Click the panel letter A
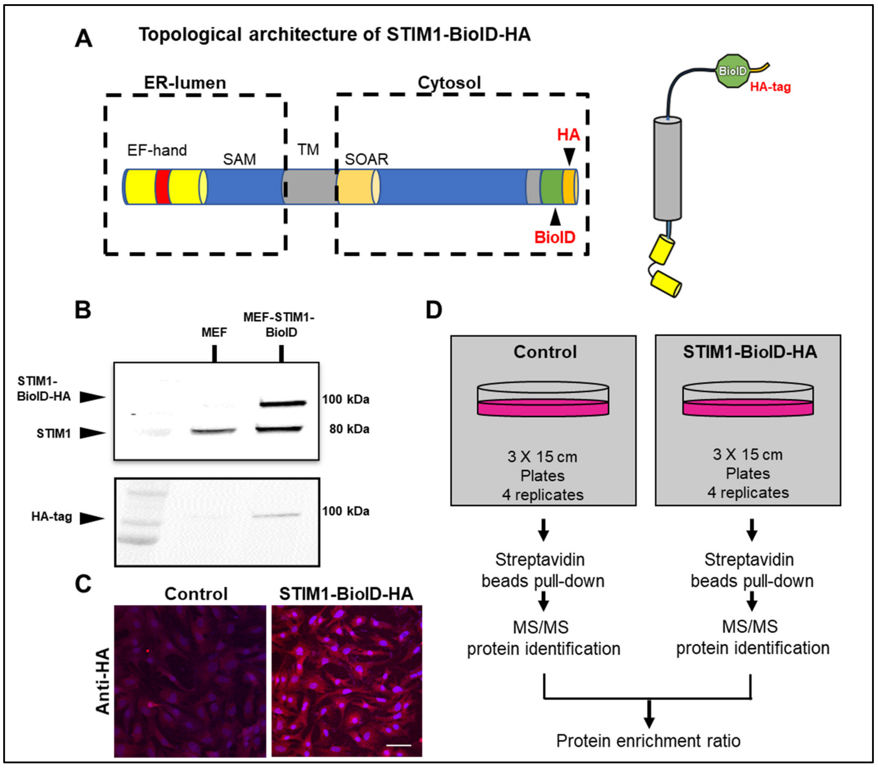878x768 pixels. coord(84,39)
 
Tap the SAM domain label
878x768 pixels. coord(239,159)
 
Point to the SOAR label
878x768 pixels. coord(366,159)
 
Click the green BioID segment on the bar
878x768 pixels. coord(551,187)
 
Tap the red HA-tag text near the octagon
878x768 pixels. coord(770,87)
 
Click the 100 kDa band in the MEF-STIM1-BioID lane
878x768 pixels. coord(283,403)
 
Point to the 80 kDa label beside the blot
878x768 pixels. coord(349,429)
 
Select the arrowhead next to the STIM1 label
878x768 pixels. coord(92,433)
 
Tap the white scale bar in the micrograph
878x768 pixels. coord(398,745)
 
